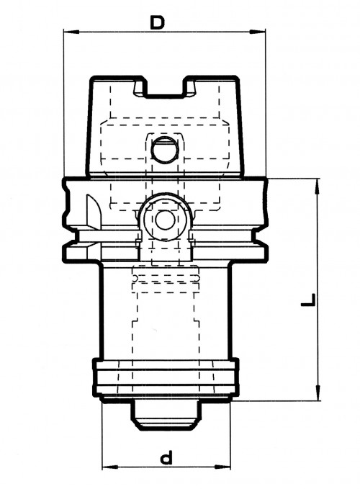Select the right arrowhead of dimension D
261,32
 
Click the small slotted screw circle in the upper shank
164,152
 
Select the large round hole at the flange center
165,219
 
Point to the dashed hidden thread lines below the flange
165,277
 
